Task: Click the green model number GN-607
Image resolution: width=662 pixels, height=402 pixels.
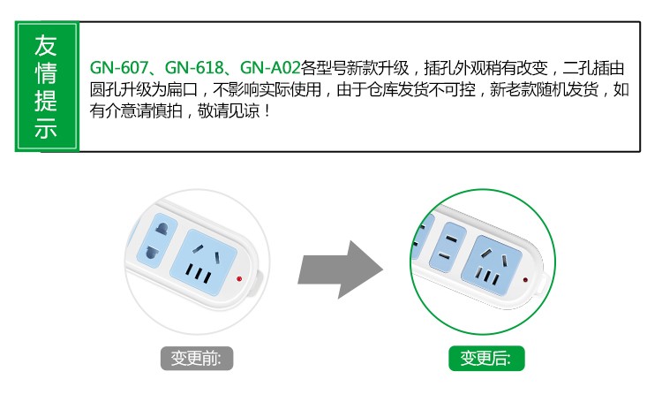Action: [x=119, y=68]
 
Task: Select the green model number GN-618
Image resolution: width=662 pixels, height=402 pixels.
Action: [x=194, y=68]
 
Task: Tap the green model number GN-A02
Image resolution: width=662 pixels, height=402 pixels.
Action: [x=270, y=68]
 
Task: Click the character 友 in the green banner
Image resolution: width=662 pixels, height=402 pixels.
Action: [x=46, y=46]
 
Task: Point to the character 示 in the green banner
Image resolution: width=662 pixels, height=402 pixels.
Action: [x=46, y=127]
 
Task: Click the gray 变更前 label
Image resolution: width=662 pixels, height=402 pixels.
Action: [x=197, y=359]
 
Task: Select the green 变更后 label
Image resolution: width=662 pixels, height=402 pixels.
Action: [x=486, y=359]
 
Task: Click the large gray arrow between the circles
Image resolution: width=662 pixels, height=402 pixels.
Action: [x=341, y=269]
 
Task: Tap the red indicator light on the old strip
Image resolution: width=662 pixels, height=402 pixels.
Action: [x=239, y=279]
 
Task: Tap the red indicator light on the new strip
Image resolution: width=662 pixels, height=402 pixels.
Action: [x=525, y=280]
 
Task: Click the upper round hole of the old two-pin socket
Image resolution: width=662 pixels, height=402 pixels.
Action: [x=162, y=230]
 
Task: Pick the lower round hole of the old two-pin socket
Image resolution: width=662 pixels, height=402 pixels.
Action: [x=152, y=253]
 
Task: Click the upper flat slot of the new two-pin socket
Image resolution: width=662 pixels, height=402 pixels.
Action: [x=451, y=239]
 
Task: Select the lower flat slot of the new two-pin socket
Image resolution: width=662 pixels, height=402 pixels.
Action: [x=444, y=255]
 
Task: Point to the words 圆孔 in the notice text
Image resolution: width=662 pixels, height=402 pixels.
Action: [x=105, y=89]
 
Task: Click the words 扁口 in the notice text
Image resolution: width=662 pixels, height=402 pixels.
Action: [x=182, y=89]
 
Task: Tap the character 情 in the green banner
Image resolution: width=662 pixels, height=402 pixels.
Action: [x=46, y=73]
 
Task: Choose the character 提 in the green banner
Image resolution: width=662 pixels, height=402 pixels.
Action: [x=46, y=101]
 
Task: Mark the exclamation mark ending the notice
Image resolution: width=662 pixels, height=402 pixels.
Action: [x=267, y=111]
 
